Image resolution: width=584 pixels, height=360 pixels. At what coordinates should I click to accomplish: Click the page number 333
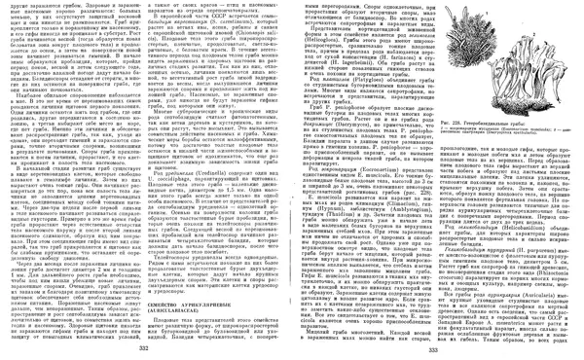point(435,348)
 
